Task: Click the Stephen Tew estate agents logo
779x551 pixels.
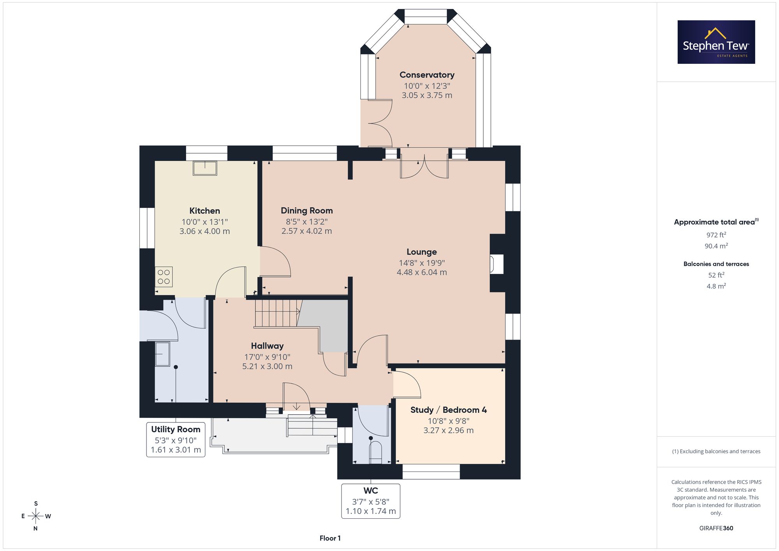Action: click(716, 42)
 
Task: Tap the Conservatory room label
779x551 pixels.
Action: click(427, 75)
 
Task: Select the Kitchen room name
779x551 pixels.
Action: click(204, 211)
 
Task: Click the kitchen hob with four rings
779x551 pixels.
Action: click(164, 277)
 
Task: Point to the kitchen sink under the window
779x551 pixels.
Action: click(205, 168)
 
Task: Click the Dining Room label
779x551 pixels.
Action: click(307, 211)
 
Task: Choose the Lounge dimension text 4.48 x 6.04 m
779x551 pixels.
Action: click(422, 273)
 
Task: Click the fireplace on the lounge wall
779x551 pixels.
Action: click(497, 264)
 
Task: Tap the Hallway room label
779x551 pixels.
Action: click(267, 346)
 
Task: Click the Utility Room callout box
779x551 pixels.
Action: click(176, 440)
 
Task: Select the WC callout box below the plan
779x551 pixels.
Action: click(371, 501)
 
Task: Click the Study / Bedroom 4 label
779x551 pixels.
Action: click(449, 410)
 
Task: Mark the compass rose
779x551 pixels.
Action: click(36, 516)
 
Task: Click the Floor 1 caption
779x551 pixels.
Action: click(330, 538)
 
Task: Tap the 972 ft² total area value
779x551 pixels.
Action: click(716, 235)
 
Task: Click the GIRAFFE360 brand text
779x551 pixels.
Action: click(716, 528)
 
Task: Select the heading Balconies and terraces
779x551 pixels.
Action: click(716, 264)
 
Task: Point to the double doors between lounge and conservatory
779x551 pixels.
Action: click(425, 164)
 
